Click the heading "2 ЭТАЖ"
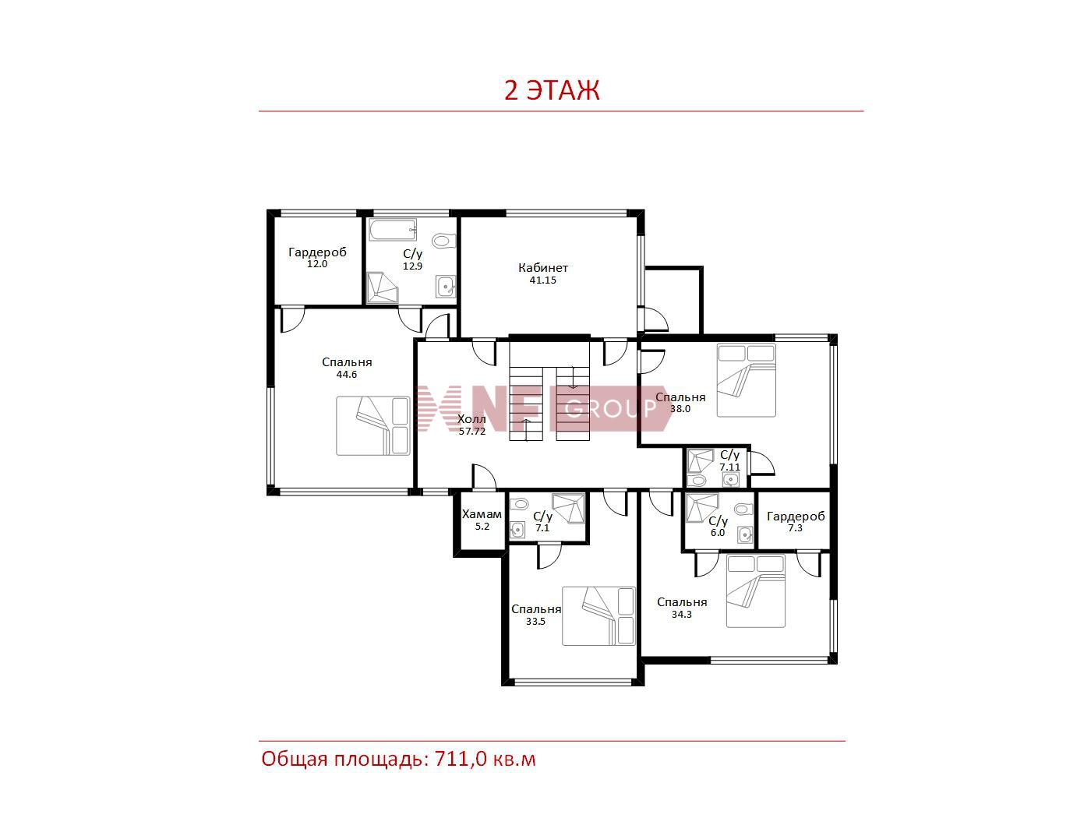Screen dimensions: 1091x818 point(552,90)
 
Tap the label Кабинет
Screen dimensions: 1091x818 point(542,268)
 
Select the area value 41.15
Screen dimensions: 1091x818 point(542,280)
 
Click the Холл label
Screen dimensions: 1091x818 point(471,419)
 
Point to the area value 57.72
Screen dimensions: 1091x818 point(471,431)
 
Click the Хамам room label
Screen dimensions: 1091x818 point(482,514)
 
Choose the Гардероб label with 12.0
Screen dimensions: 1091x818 point(317,252)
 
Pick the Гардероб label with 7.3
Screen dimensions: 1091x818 point(796,517)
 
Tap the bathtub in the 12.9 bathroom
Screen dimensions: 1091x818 point(393,230)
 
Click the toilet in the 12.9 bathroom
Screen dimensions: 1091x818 point(444,241)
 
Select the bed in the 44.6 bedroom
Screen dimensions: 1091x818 point(372,425)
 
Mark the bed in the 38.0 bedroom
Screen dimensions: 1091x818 point(746,380)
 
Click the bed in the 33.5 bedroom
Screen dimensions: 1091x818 point(599,616)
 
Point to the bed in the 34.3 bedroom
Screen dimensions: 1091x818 point(755,591)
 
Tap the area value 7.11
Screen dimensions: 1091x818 point(729,467)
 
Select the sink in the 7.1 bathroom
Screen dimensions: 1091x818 point(517,530)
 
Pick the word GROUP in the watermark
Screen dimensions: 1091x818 point(611,408)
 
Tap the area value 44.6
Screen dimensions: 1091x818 point(347,375)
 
